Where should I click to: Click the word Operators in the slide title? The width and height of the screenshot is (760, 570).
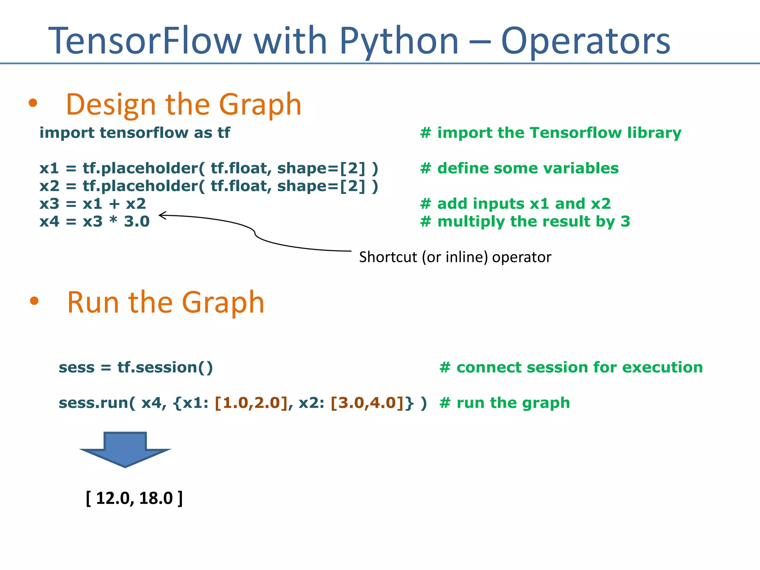[x=585, y=41]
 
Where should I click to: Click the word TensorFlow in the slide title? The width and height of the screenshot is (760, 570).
[x=145, y=41]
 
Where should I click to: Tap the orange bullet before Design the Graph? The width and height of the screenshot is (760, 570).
[x=33, y=103]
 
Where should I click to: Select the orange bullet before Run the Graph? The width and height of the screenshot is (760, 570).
[x=34, y=301]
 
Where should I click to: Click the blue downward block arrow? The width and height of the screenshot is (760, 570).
[x=125, y=449]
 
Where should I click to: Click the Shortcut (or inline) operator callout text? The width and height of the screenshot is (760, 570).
[x=455, y=257]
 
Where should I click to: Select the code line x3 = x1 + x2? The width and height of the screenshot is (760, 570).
[x=93, y=204]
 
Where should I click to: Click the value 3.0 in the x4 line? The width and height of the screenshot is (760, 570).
[x=137, y=222]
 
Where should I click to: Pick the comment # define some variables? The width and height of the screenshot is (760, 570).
[x=519, y=168]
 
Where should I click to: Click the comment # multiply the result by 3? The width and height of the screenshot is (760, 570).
[x=525, y=222]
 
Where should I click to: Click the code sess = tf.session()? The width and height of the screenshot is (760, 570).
[x=136, y=367]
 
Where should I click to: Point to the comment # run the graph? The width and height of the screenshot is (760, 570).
[x=504, y=403]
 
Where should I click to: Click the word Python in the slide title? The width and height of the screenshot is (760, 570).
[x=399, y=41]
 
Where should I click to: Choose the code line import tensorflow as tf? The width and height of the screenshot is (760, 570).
[x=135, y=132]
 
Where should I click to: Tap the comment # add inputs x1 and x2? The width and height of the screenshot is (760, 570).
[x=515, y=204]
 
